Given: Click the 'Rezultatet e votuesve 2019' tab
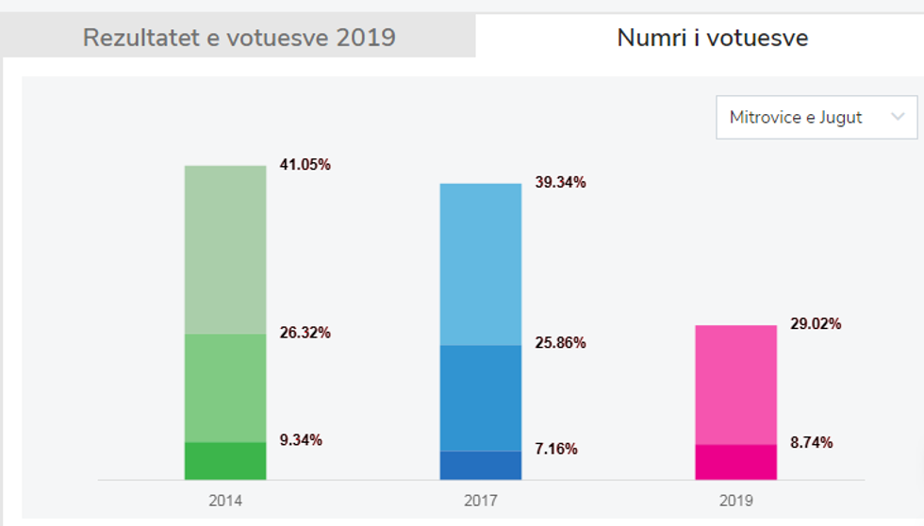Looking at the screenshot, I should pyautogui.click(x=239, y=39).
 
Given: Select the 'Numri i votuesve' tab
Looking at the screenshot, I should pyautogui.click(x=712, y=39).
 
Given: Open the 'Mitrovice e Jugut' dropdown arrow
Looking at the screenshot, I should pyautogui.click(x=897, y=118).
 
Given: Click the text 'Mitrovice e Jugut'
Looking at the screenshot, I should pyautogui.click(x=795, y=118).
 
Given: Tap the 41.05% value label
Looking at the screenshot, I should pyautogui.click(x=305, y=165).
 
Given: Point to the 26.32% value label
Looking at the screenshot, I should pyautogui.click(x=305, y=333).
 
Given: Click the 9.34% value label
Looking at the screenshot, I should pyautogui.click(x=301, y=440).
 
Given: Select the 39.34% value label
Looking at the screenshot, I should pyautogui.click(x=559, y=183).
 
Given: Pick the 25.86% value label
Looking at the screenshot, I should pyautogui.click(x=559, y=343).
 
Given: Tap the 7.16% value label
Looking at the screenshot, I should pyautogui.click(x=555, y=449).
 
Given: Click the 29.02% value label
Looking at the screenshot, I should pyautogui.click(x=816, y=324).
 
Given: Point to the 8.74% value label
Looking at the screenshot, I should pyautogui.click(x=811, y=443).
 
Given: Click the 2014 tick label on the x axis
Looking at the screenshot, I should pyautogui.click(x=225, y=501).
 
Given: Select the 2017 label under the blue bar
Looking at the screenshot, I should pyautogui.click(x=481, y=501).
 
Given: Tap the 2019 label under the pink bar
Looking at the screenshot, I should pyautogui.click(x=736, y=501).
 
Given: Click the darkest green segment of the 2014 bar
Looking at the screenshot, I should pyautogui.click(x=225, y=461).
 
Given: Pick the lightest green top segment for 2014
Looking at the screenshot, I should pyautogui.click(x=225, y=250).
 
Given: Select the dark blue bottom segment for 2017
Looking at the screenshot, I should pyautogui.click(x=481, y=466).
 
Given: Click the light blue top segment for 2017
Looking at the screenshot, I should pyautogui.click(x=481, y=264).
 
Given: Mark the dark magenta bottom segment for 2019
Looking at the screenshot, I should pyautogui.click(x=736, y=462).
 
